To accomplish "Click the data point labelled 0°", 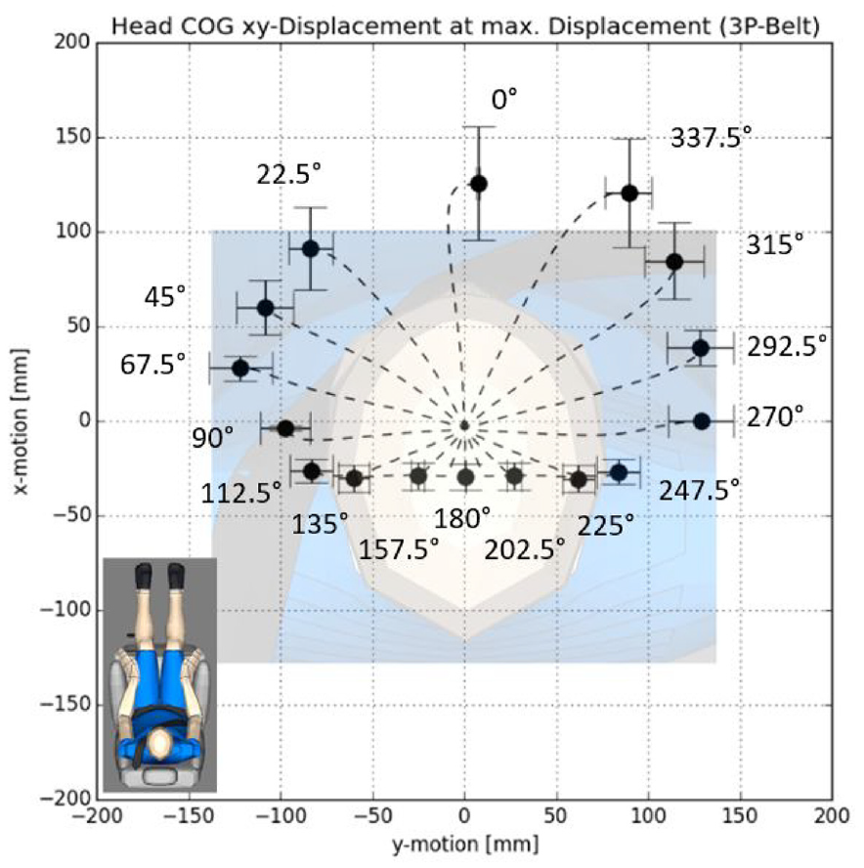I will [478, 183].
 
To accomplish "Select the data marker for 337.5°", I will [629, 193].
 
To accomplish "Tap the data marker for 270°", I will [701, 420].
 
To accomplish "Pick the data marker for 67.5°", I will [239, 368].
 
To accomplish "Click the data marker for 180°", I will [465, 477].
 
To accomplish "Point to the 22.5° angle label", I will [288, 174].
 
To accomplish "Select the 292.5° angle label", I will [788, 345].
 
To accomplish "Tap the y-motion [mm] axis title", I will [464, 842].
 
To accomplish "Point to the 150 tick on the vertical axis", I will [72, 137].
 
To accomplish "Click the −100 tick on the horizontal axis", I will [281, 815].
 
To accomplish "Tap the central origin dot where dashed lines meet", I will [464, 425].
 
